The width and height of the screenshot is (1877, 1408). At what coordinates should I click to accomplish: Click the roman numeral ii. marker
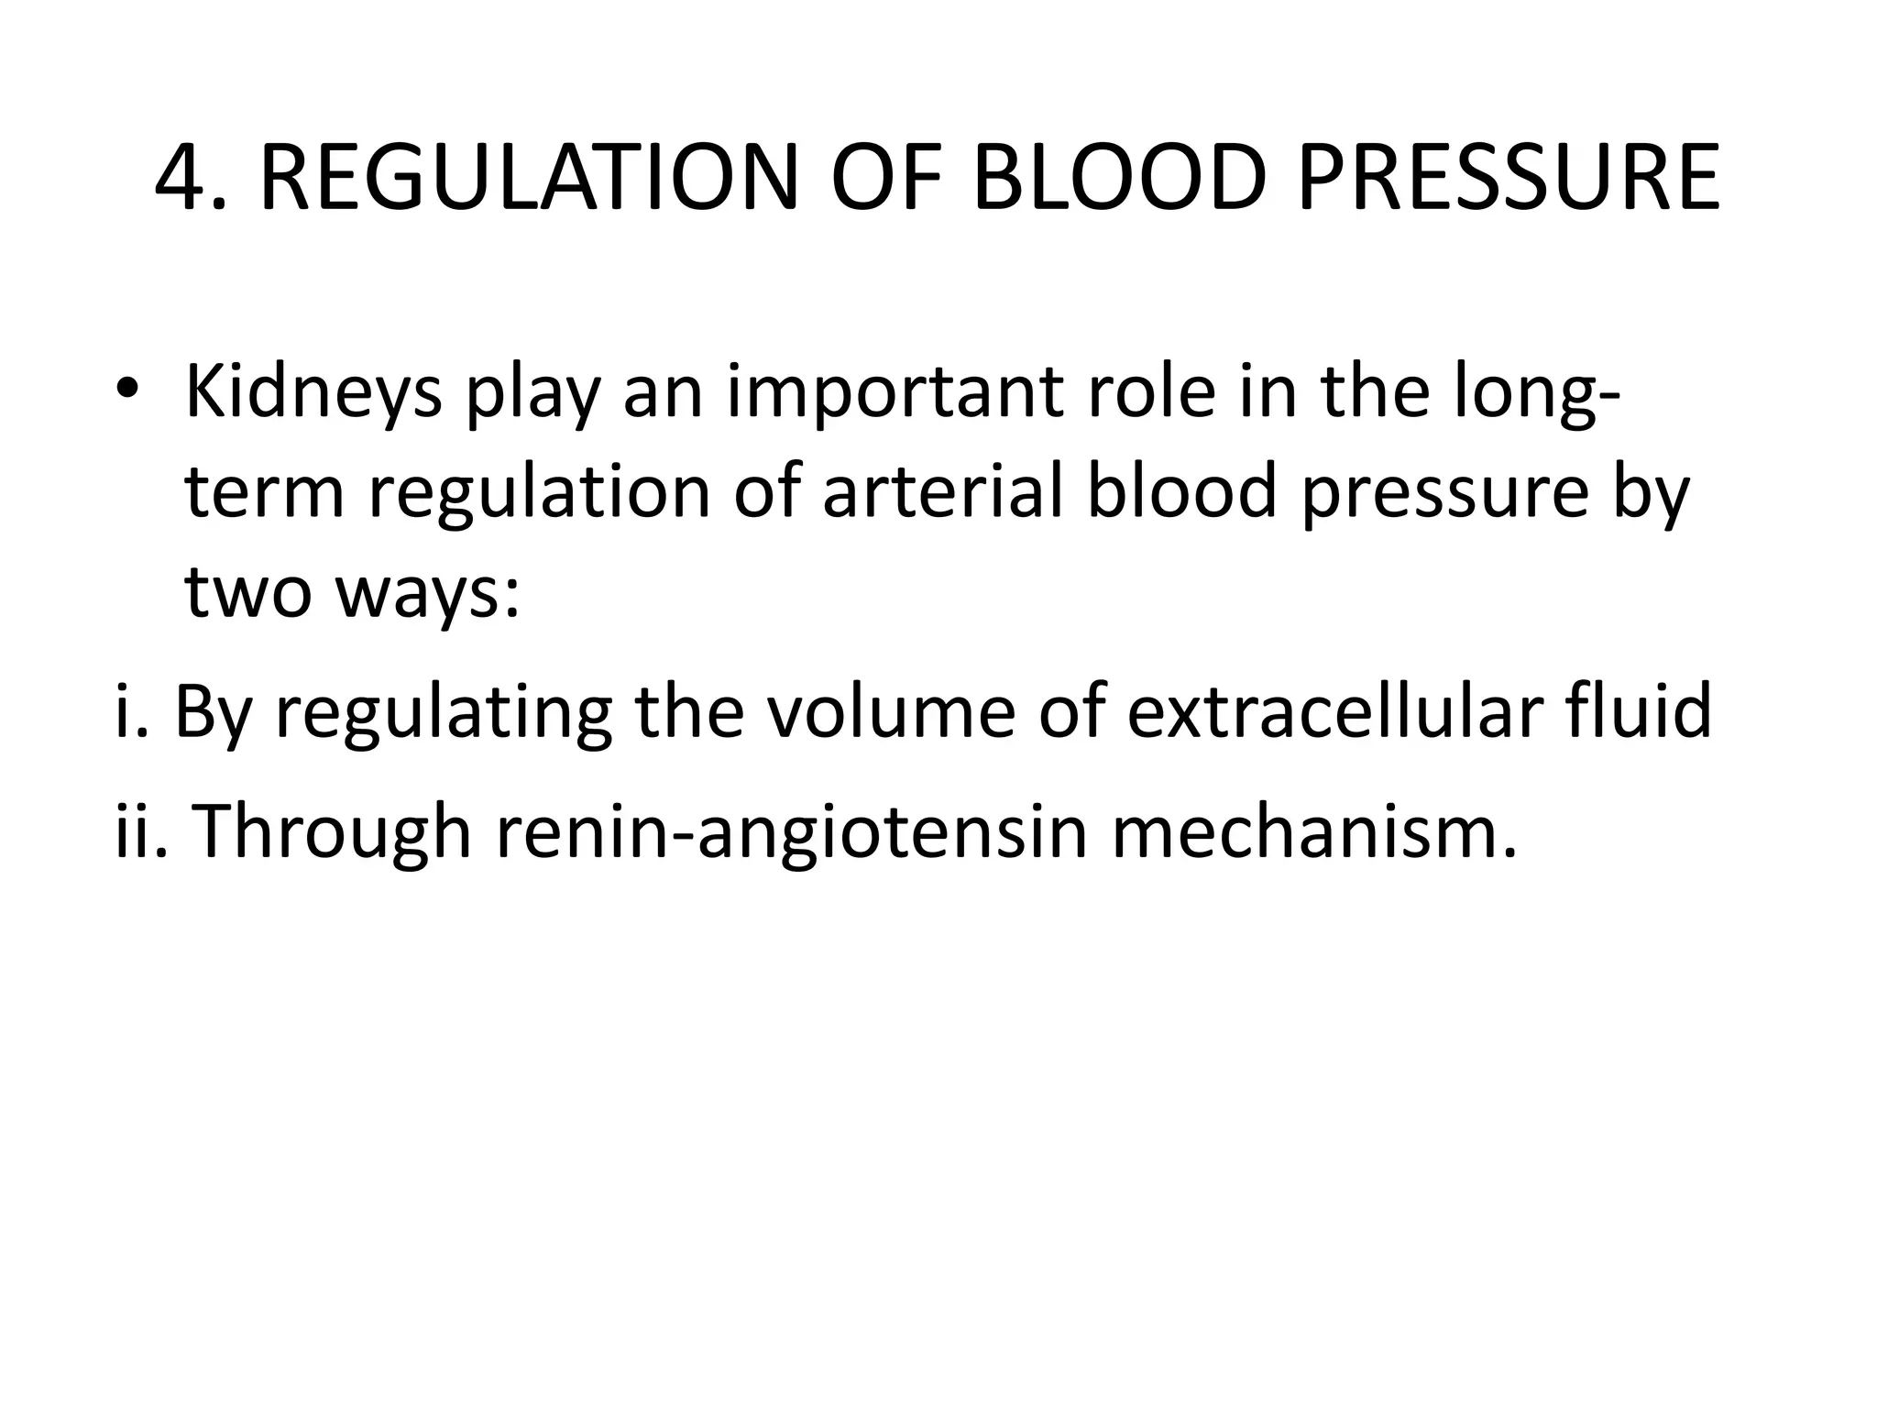click(x=142, y=830)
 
